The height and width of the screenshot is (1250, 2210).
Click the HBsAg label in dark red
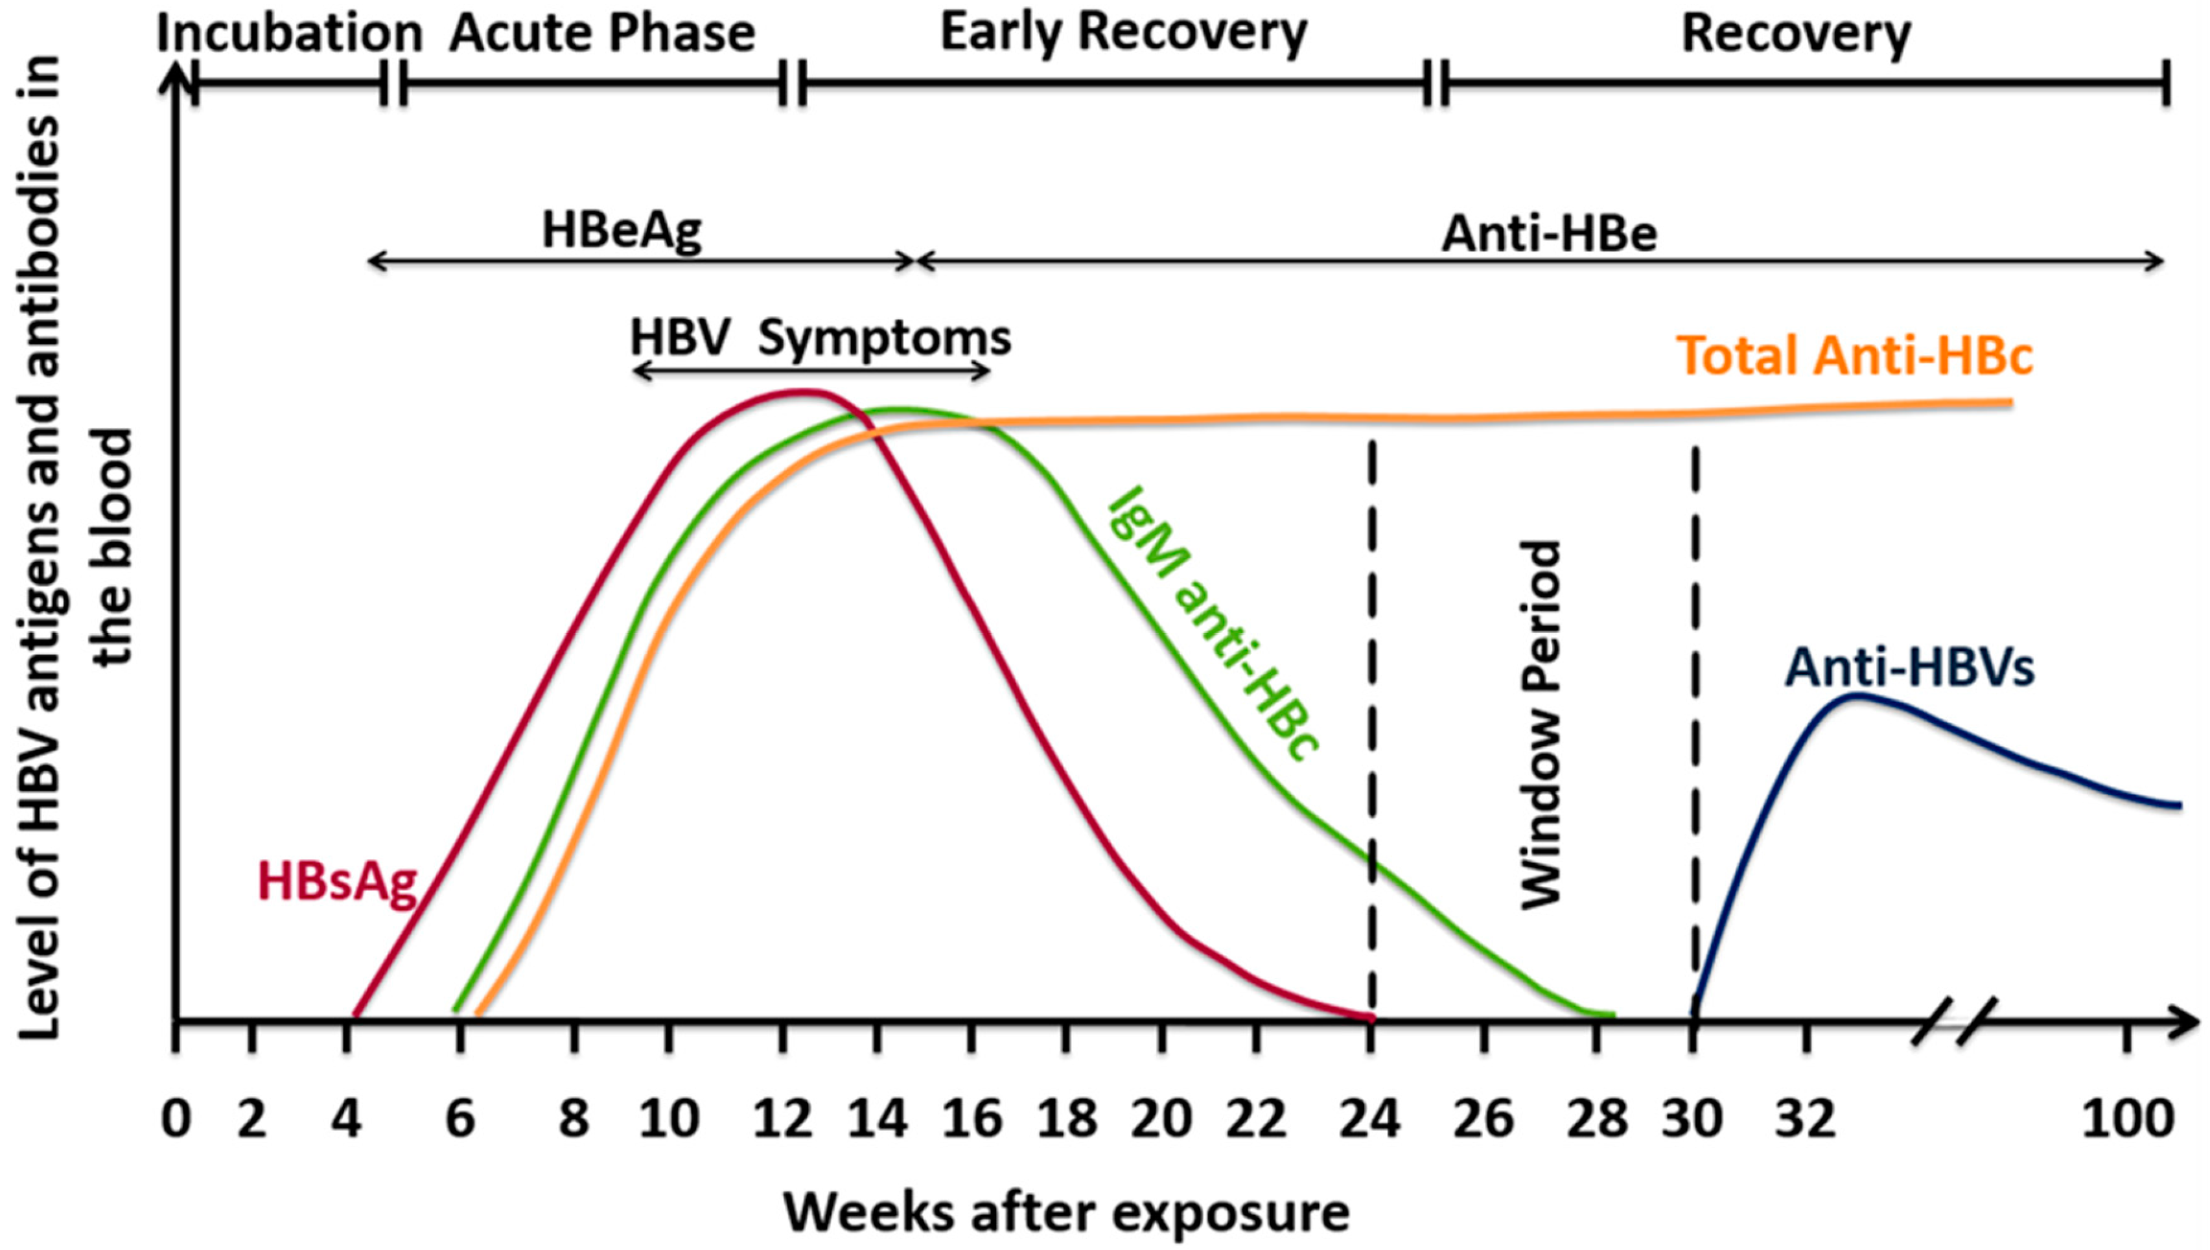point(338,883)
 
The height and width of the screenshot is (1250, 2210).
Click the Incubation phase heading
point(289,34)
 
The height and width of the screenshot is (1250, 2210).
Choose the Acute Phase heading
point(603,34)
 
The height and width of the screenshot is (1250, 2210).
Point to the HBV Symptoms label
point(820,338)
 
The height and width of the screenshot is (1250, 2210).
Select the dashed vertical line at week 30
point(1695,730)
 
